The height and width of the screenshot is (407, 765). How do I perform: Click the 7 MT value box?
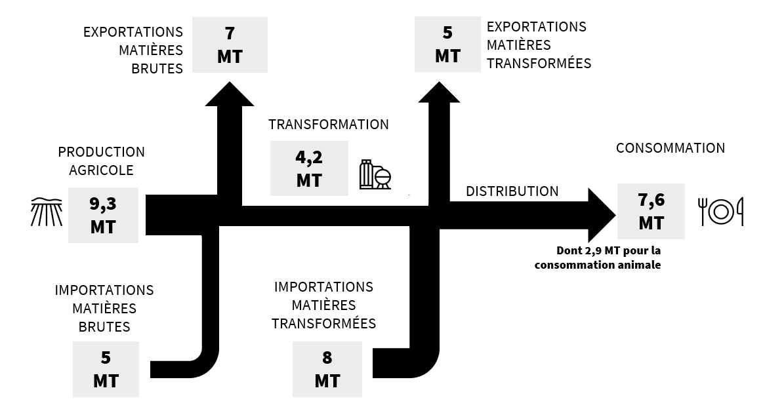click(230, 45)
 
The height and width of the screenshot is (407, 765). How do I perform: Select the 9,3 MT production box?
click(103, 215)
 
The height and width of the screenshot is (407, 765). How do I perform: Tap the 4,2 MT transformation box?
click(309, 168)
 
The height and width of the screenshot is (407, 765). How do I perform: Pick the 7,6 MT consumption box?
click(651, 211)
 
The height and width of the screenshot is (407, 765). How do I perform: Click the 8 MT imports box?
click(327, 369)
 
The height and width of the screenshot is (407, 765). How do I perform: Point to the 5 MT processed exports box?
click(448, 45)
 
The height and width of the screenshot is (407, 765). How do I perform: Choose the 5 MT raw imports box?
click(106, 369)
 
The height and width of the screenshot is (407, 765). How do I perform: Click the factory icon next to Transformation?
click(375, 174)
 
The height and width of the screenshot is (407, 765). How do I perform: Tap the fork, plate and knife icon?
click(721, 212)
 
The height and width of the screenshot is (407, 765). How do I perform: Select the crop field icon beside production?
click(47, 212)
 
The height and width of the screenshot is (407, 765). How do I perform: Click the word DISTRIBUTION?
click(512, 191)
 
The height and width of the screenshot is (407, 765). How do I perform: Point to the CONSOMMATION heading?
click(670, 148)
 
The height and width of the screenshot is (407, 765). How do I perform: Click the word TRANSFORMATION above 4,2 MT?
click(328, 125)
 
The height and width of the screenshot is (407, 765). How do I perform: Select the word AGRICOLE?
click(101, 170)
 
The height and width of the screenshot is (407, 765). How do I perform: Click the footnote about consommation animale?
click(597, 258)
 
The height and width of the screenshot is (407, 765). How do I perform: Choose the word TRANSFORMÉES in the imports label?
click(323, 324)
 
